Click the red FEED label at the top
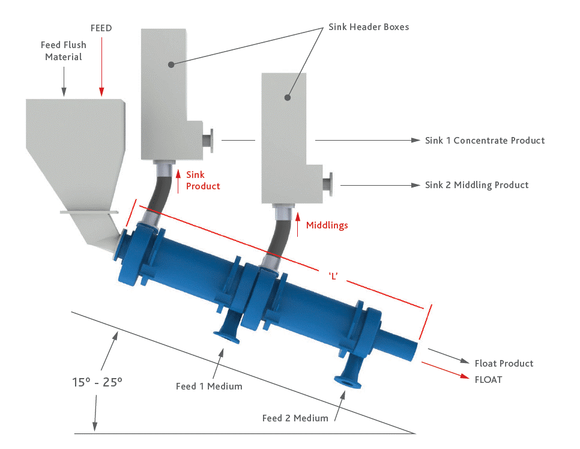[x=101, y=28]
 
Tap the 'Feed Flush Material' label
[x=63, y=50]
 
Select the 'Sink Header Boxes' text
[x=369, y=27]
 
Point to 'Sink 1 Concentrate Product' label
[x=485, y=141]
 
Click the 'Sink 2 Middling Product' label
[x=477, y=185]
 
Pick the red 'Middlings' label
[x=327, y=225]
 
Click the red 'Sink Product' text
[x=203, y=180]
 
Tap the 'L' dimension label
[x=334, y=275]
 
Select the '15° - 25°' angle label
[x=97, y=382]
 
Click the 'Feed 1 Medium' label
[x=209, y=386]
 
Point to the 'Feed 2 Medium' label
[x=295, y=418]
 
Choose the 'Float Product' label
[x=504, y=363]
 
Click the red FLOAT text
[x=488, y=379]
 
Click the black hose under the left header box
[x=159, y=192]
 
